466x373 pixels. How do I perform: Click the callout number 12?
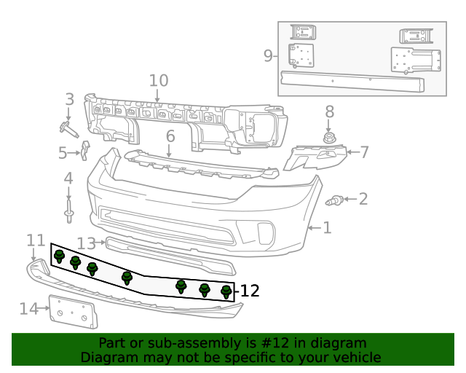point(250,291)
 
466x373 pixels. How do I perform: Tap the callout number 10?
point(158,80)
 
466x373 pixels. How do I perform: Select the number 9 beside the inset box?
point(268,55)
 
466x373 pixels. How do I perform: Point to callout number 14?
point(28,309)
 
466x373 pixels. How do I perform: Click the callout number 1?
point(327,228)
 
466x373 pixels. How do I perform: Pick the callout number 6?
point(170,136)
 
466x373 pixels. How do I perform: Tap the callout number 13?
point(86,243)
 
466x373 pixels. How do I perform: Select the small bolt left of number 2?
point(337,200)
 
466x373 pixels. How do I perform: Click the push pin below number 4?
point(68,214)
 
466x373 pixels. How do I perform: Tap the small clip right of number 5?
point(85,150)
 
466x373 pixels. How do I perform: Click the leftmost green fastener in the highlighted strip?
point(60,256)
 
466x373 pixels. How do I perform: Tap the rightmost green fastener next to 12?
point(226,292)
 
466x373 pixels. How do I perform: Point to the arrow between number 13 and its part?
point(101,243)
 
